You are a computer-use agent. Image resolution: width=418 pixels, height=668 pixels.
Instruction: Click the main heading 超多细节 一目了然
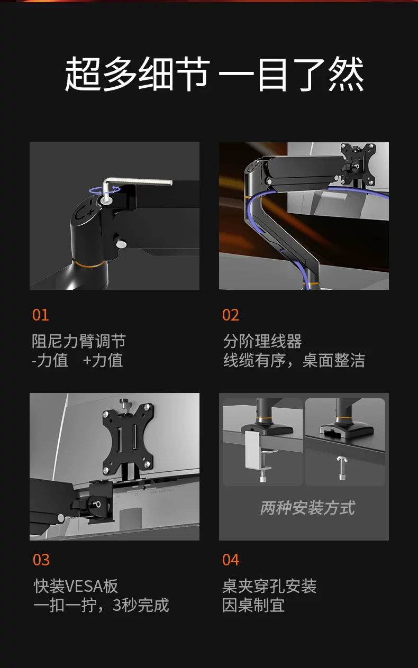click(x=214, y=74)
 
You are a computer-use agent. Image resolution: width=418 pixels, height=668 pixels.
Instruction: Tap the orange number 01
click(x=41, y=315)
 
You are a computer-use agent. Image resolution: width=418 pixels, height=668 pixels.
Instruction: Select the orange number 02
click(x=230, y=315)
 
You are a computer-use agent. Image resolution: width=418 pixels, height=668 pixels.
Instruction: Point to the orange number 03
click(x=41, y=560)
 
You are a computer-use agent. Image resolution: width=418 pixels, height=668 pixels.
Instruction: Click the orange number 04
click(x=230, y=560)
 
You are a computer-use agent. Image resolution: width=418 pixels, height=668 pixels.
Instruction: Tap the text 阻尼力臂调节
click(x=78, y=341)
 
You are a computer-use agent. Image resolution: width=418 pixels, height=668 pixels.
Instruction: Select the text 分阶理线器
click(x=262, y=341)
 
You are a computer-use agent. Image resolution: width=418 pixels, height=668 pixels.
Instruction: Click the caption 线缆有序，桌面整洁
click(x=294, y=360)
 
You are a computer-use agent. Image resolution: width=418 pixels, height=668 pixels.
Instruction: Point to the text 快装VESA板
click(x=76, y=586)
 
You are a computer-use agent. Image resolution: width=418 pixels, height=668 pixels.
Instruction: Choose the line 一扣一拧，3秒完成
click(x=101, y=605)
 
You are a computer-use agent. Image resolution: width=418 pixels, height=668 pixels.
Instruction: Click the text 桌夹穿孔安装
click(x=269, y=586)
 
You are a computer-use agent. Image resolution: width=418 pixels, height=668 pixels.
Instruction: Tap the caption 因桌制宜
click(x=253, y=605)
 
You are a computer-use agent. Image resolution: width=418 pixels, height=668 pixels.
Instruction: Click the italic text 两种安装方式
click(x=307, y=508)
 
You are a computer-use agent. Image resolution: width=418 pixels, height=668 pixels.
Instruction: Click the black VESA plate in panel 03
click(x=128, y=437)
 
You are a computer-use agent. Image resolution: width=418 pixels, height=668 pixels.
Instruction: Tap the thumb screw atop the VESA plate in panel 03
click(x=123, y=405)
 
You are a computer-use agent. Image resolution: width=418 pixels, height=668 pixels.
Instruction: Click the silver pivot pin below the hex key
click(x=121, y=244)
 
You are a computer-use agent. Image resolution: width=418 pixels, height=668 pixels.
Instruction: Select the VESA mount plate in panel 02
click(x=358, y=163)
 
